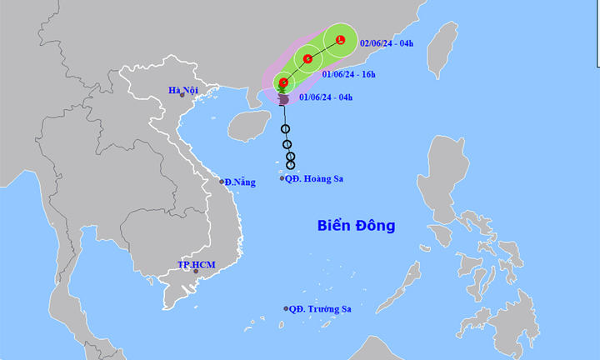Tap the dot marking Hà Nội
coord(182,96)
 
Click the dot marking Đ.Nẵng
coord(222,182)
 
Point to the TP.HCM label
coord(196,264)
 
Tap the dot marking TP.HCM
coord(196,271)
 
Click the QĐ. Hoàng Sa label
coord(313,178)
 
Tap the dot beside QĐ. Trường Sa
coord(286,308)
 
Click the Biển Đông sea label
coord(356,226)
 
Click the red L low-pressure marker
coord(341,40)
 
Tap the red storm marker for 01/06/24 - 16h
coord(308,59)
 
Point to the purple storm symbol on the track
coord(283,100)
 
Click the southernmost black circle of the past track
coord(291,165)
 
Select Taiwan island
coord(442,50)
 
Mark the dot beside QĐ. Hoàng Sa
coord(281,178)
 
